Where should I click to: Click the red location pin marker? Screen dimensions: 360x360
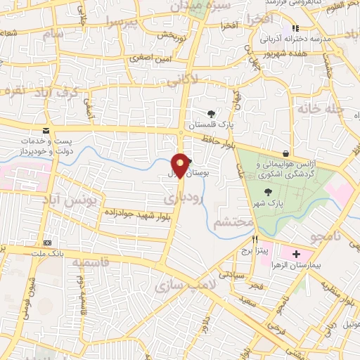180,165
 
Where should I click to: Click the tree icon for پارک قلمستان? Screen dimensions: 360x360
211,114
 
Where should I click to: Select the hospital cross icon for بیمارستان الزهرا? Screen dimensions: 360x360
296,253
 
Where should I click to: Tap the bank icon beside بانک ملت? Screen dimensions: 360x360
46,240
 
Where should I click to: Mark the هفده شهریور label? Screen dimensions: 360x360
283,53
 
